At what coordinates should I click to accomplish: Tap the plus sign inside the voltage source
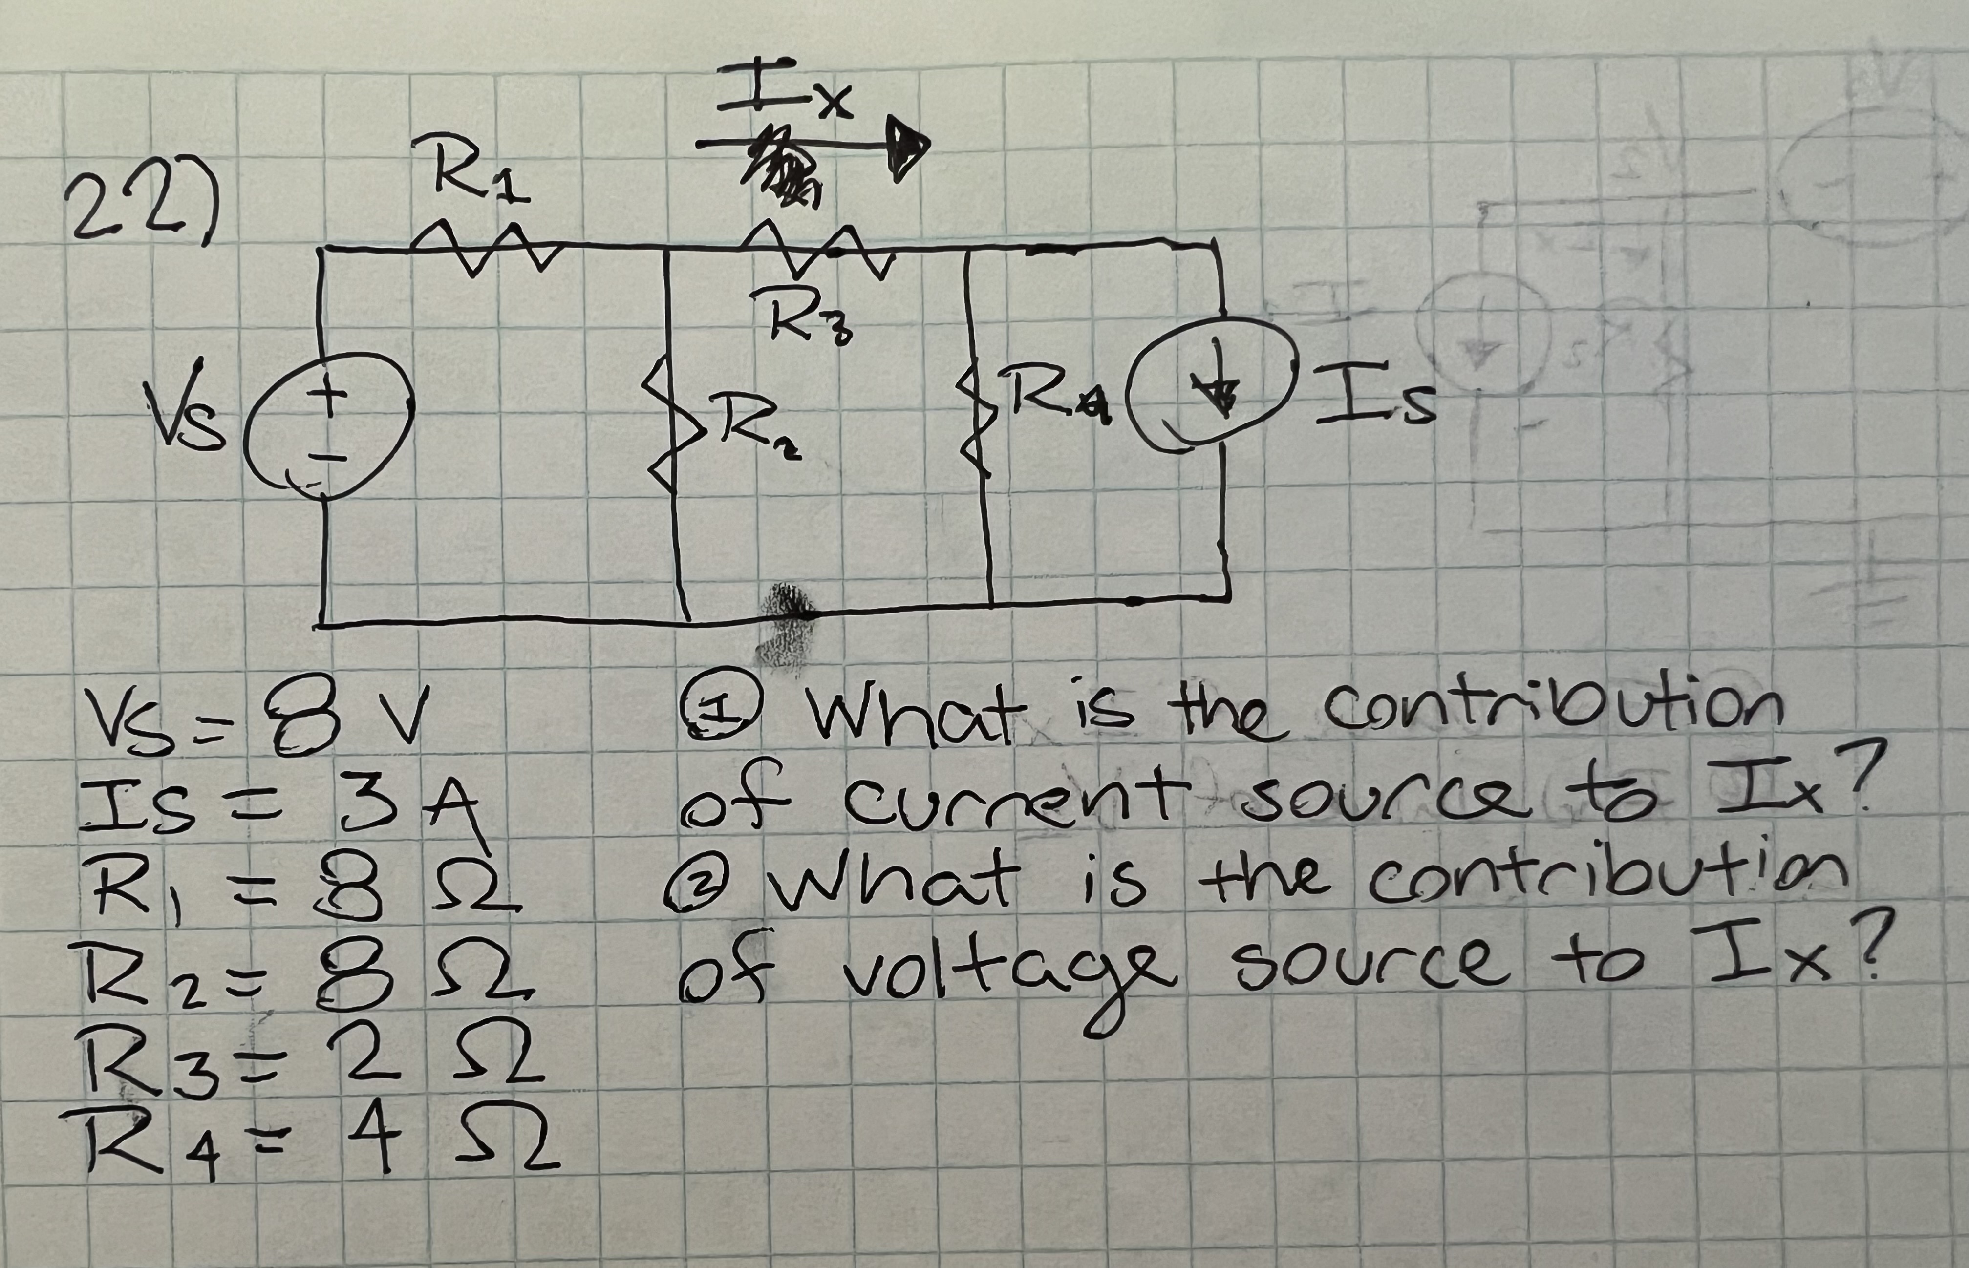tap(328, 397)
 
